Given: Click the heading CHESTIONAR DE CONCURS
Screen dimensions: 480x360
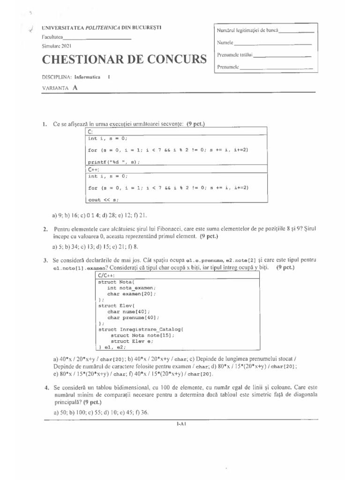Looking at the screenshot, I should coord(124,60).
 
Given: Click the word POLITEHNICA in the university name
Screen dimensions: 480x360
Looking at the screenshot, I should coord(103,28).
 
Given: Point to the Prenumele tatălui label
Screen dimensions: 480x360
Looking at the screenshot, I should coord(234,55).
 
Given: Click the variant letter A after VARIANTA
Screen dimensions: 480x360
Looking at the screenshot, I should coord(75,87).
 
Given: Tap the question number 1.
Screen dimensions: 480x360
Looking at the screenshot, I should coord(44,124).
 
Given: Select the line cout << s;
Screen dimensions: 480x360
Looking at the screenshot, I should coord(101,199).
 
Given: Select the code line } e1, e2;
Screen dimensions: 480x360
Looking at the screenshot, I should coord(112,347).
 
